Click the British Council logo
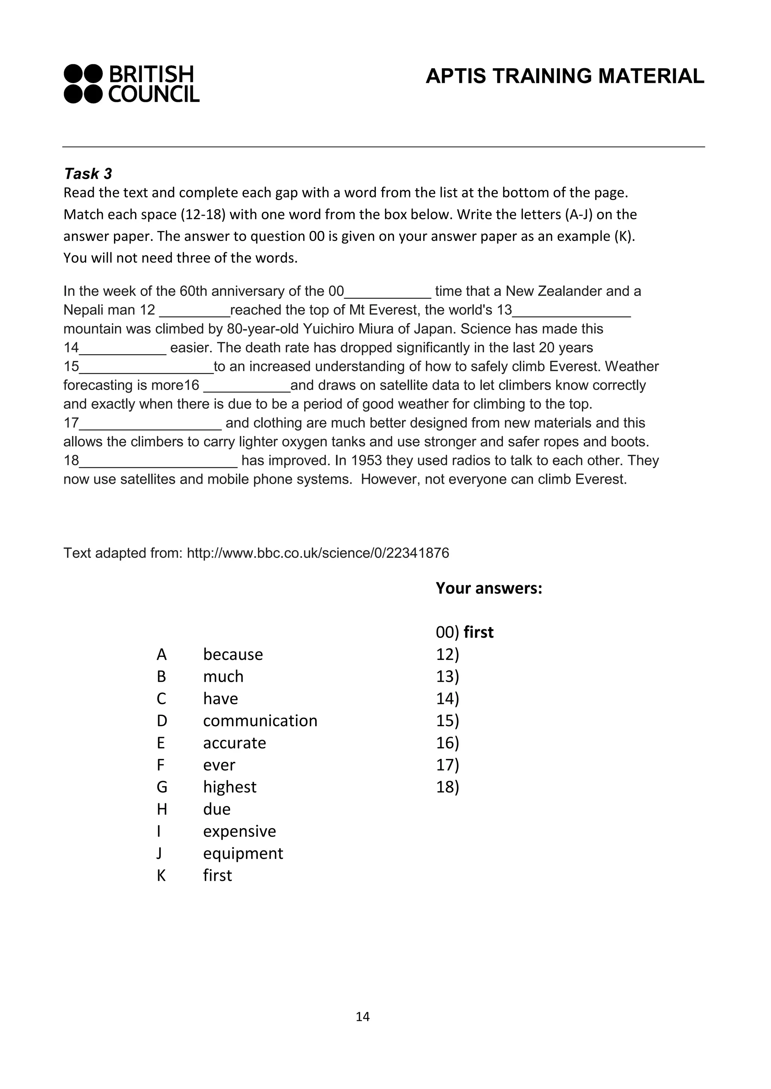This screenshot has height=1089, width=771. [131, 84]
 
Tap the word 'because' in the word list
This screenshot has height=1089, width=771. [233, 654]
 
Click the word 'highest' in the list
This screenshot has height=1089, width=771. [229, 787]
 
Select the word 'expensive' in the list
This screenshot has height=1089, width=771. [239, 831]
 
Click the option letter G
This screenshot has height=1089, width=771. [162, 787]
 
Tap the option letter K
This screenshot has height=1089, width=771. [161, 875]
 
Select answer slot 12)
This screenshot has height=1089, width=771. [447, 654]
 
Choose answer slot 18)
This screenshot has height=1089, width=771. [447, 787]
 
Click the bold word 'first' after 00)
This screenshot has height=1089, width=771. [478, 632]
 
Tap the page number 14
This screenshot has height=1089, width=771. [363, 1016]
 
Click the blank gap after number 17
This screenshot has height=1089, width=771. [151, 424]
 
